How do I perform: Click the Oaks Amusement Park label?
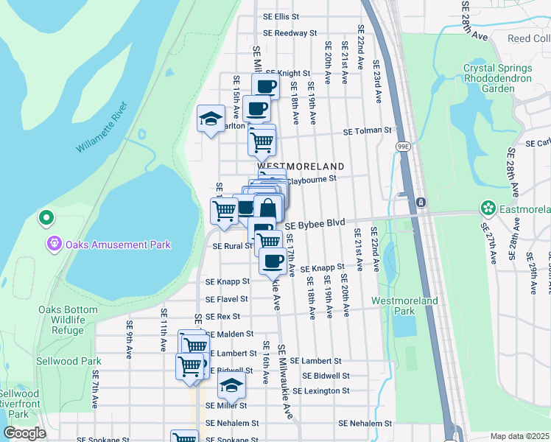point(118,245)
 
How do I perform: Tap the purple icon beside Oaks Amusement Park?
point(54,244)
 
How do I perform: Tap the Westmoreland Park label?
point(404,306)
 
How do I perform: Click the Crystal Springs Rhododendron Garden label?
point(499,78)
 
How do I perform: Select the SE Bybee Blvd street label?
point(315,224)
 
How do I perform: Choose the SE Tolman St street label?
point(367,131)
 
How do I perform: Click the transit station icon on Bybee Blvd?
point(420,202)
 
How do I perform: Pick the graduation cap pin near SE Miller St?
point(231,385)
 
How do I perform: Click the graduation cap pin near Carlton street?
point(211,119)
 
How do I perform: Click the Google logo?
point(24,433)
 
